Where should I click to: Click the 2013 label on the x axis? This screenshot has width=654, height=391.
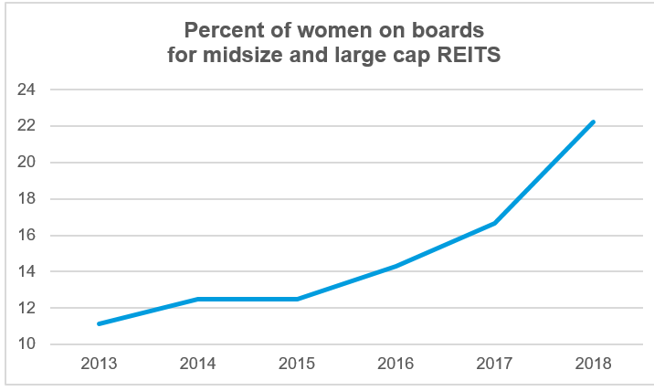[98, 364]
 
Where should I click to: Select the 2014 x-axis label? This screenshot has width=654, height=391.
[197, 364]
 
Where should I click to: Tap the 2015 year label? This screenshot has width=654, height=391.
[297, 364]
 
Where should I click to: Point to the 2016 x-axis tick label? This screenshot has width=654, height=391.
[396, 364]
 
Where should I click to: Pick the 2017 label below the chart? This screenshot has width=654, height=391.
[495, 364]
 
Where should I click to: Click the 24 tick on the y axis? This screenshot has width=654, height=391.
[26, 90]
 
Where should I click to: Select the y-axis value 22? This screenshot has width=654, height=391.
[26, 126]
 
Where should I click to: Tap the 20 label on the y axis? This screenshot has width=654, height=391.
[26, 163]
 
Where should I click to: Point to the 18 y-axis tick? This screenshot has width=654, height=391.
[26, 199]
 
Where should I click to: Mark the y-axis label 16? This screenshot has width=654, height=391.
[26, 235]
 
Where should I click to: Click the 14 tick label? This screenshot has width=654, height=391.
[26, 271]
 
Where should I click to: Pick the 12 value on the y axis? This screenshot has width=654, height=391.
[26, 308]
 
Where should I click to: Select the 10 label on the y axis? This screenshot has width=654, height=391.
[26, 344]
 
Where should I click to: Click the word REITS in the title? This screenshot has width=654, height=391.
[472, 53]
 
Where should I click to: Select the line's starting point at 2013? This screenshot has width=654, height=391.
[98, 323]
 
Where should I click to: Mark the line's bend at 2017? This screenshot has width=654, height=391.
[495, 223]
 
